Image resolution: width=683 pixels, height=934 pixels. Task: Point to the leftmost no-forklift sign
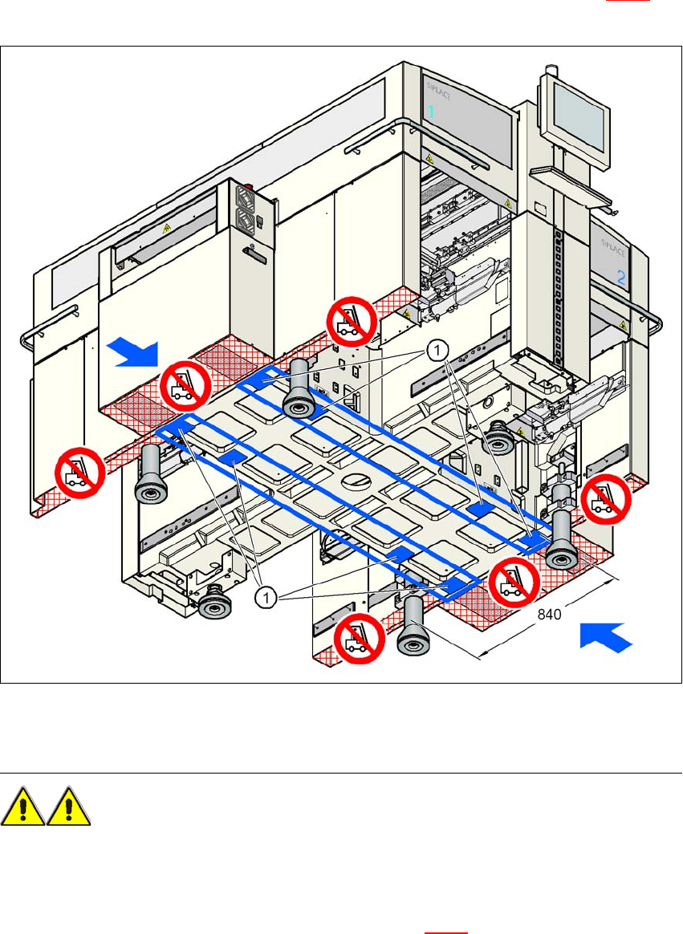pyautogui.click(x=79, y=473)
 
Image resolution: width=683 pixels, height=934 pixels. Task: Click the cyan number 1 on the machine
pyautogui.click(x=430, y=112)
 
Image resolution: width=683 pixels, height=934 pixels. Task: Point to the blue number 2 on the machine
pyautogui.click(x=620, y=278)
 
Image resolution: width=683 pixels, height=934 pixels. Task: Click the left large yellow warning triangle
pyautogui.click(x=22, y=806)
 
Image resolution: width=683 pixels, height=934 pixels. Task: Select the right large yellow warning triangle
pyautogui.click(x=68, y=806)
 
